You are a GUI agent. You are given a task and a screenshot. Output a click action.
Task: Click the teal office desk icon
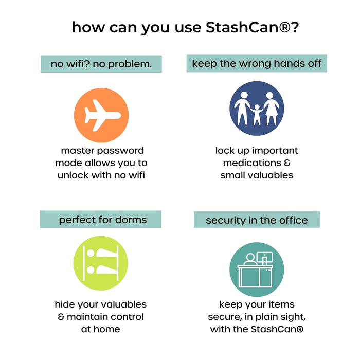(x=257, y=270)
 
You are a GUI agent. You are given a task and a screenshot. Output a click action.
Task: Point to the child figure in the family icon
(x=257, y=114)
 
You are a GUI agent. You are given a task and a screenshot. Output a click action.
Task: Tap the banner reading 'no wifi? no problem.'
(x=101, y=64)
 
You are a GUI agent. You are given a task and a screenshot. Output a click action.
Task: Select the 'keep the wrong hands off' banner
(x=257, y=63)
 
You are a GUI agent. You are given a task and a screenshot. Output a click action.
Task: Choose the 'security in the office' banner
(x=257, y=220)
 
